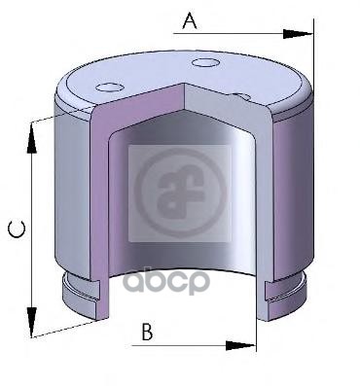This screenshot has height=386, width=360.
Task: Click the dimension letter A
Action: point(190,21)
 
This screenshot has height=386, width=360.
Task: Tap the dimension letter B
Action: point(148,331)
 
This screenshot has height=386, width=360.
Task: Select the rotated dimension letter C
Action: point(17,229)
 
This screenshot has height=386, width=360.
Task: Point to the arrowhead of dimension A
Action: point(298,34)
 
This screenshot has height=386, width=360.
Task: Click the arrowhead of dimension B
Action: point(240,345)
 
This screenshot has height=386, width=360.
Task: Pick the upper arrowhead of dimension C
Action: point(31,138)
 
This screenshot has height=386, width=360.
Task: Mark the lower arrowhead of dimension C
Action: point(31,322)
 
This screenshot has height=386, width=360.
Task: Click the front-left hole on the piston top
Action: point(110,88)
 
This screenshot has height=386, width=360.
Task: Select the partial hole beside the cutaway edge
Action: point(241,96)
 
